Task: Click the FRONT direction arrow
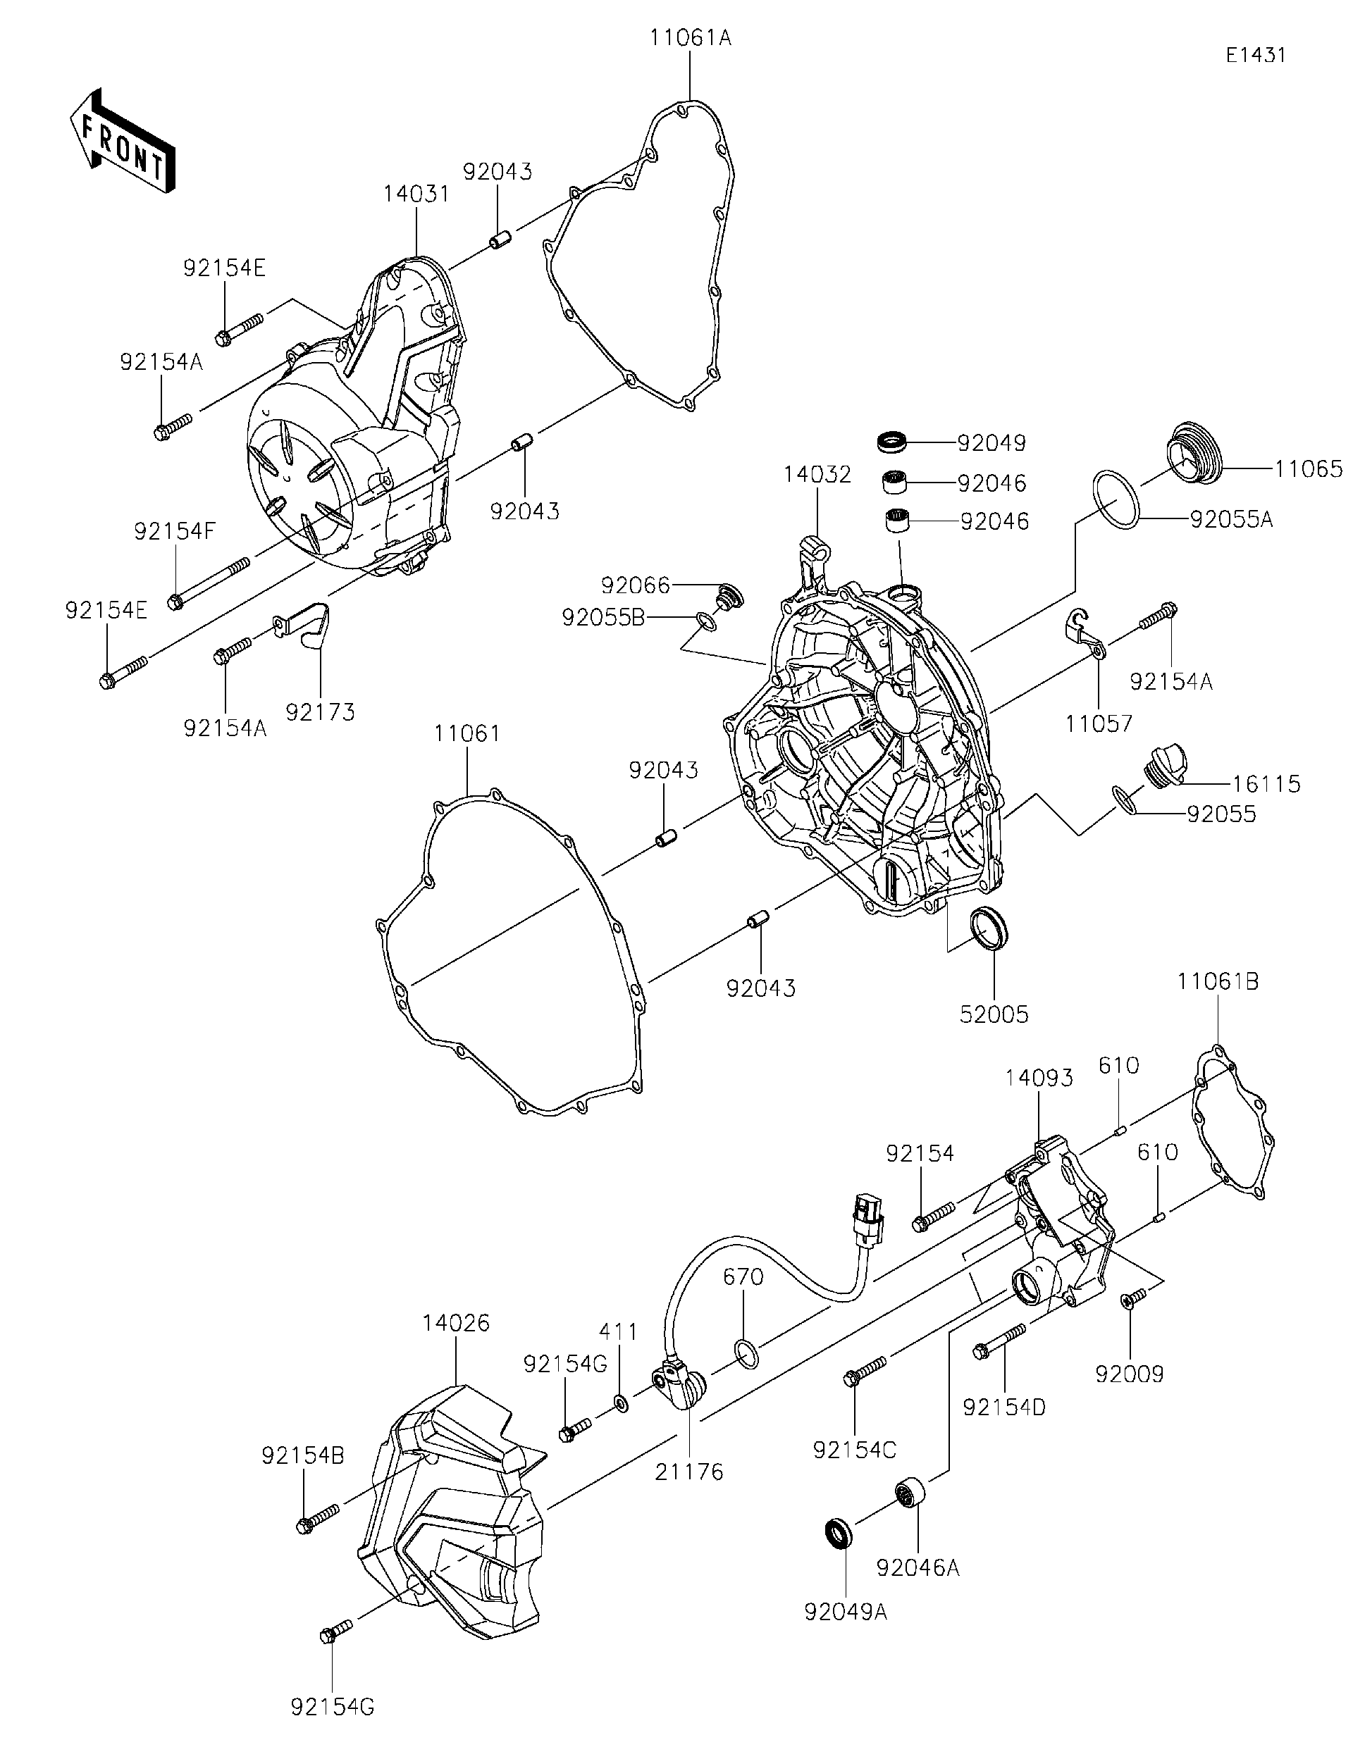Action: coord(123,142)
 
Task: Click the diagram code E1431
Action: coord(1256,55)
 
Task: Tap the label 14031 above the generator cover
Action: coord(416,194)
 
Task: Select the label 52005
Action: coord(994,1014)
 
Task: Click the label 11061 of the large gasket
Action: coord(467,733)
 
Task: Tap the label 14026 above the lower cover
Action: coord(457,1323)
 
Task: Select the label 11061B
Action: coord(1218,981)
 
